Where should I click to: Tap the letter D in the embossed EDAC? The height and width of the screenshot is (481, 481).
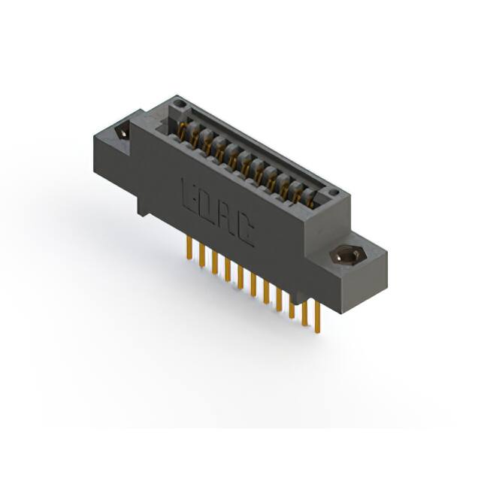click(x=207, y=207)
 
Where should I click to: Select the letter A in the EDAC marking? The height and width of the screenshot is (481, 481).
click(x=225, y=219)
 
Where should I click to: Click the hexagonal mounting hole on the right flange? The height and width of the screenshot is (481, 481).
click(x=346, y=256)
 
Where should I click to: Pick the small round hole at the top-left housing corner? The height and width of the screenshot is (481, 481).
click(x=178, y=103)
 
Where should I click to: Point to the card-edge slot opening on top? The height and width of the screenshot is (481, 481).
click(x=248, y=158)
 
